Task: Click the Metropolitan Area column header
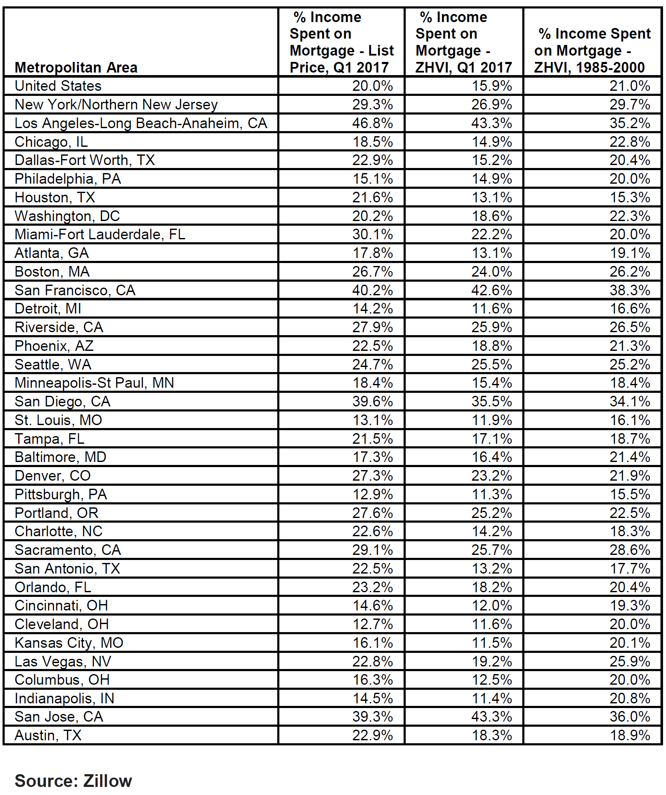tap(76, 67)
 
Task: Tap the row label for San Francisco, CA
tap(75, 290)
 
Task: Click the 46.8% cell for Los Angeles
tap(372, 123)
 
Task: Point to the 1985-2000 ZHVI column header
tap(592, 50)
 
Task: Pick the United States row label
tap(58, 86)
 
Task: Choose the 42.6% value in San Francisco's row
tap(491, 290)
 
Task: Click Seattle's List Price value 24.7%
tap(372, 364)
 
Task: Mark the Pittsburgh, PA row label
tap(61, 494)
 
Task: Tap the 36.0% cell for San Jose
tap(630, 717)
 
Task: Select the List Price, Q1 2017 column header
tap(341, 42)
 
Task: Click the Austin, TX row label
tap(48, 735)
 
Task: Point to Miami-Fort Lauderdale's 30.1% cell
tap(372, 234)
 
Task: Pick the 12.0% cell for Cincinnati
tap(491, 605)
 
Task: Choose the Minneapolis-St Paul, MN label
tap(94, 383)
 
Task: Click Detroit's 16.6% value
tap(630, 308)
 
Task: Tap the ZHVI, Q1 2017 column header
tap(463, 42)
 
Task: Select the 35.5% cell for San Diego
tap(491, 401)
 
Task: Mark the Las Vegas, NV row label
tap(63, 661)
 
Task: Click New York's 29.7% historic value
tap(630, 104)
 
